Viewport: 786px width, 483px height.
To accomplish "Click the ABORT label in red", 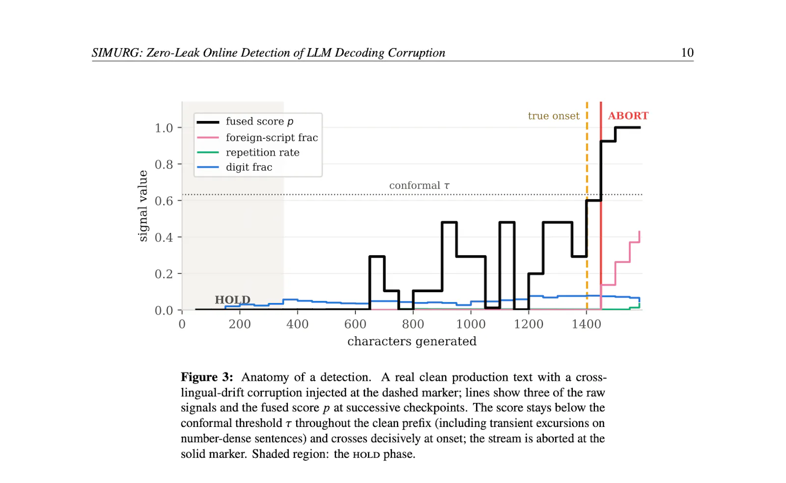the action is click(x=628, y=116).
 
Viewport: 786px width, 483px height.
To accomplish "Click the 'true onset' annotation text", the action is click(x=554, y=116).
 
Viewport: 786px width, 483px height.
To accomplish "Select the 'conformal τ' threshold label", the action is click(x=420, y=185).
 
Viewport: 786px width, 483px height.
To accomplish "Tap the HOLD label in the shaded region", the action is click(x=233, y=300).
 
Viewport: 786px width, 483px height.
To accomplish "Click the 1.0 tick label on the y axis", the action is click(x=164, y=128).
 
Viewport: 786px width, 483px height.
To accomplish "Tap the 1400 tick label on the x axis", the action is click(x=587, y=324).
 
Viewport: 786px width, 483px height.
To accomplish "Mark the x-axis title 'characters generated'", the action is click(x=412, y=341).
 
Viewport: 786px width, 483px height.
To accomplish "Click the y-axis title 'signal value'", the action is click(x=143, y=206).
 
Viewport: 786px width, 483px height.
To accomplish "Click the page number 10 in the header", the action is click(x=687, y=53).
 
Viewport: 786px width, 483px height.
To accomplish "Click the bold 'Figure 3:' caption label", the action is click(x=207, y=377).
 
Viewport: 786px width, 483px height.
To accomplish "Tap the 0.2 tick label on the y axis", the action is click(x=164, y=274).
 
